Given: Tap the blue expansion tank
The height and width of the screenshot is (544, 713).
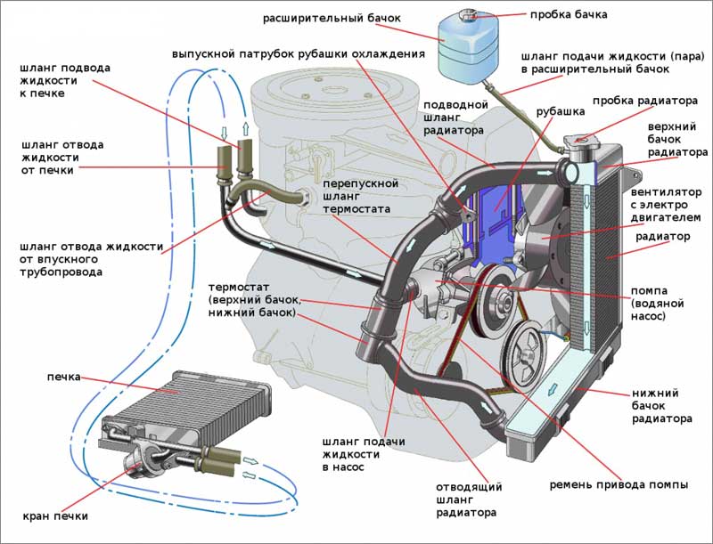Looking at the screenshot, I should tap(466, 47).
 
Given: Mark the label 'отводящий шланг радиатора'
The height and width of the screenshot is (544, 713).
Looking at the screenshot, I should tap(470, 502).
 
